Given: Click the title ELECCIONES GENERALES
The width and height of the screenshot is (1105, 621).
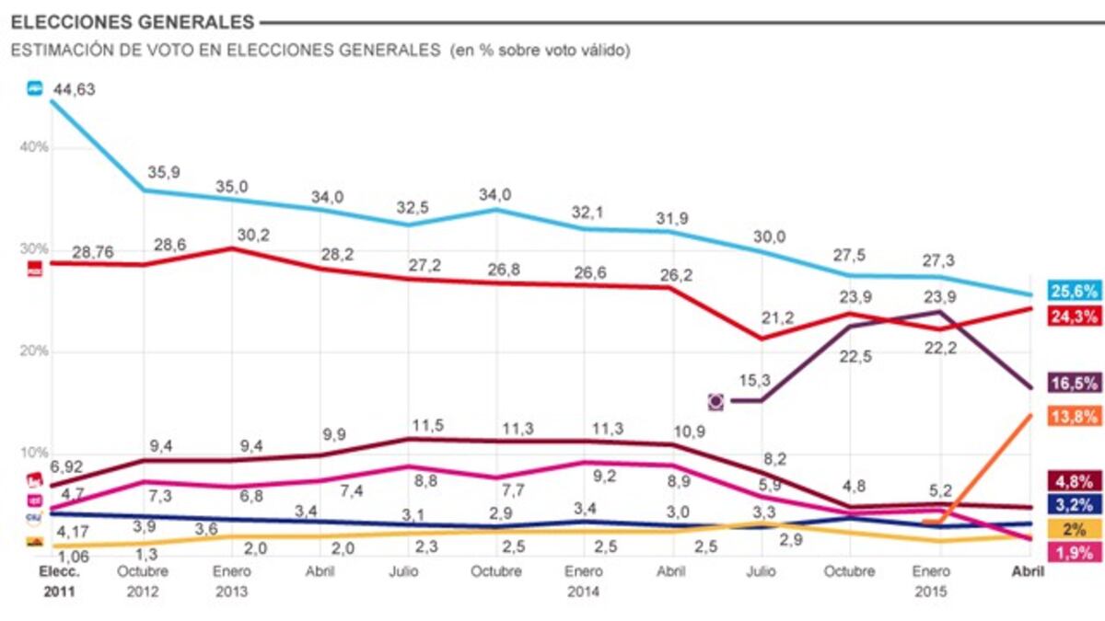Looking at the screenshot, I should click(133, 20).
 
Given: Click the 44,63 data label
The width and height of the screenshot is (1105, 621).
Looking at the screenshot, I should click(74, 89).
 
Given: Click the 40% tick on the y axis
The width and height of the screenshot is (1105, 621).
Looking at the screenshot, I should click(37, 147).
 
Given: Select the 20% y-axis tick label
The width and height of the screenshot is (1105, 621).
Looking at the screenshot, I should click(37, 351).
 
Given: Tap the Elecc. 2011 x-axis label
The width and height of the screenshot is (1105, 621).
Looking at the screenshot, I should click(61, 581).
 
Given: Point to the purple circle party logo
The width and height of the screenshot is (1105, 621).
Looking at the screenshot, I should click(715, 401).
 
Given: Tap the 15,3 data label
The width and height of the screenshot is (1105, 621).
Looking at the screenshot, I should click(756, 379).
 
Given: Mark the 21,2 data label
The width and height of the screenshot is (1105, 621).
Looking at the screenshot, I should click(777, 317).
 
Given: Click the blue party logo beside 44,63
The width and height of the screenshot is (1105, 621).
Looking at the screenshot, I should click(35, 88).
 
